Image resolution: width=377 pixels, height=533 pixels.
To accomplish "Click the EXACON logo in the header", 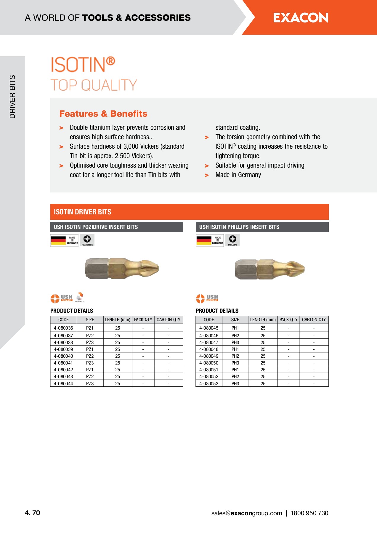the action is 301,18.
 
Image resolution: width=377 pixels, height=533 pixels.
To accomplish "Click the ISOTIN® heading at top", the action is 83,65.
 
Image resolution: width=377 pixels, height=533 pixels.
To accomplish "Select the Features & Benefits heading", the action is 103,114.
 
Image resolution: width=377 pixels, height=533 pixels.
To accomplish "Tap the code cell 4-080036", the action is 63,328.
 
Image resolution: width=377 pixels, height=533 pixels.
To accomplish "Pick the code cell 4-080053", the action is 209,384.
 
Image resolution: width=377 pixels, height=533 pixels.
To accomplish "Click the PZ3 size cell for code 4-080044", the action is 90,384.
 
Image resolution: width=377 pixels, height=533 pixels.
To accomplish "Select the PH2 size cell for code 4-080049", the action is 235,356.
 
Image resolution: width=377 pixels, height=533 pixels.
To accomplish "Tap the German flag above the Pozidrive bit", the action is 58,240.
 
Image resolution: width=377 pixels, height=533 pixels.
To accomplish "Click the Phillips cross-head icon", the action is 232,239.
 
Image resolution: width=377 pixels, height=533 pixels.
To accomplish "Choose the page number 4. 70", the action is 32,513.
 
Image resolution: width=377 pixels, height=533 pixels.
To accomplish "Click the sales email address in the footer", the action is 246,513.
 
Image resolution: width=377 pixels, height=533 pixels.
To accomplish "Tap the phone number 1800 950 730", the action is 309,513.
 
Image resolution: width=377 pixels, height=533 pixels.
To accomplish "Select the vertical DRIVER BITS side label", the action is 12,97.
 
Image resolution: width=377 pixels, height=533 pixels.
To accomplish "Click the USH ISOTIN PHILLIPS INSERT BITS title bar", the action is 262,227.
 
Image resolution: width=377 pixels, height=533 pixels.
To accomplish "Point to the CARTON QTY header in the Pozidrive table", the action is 168,320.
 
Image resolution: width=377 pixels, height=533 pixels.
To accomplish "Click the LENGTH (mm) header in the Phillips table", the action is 263,320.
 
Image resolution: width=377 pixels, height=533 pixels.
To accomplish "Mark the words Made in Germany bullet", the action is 238,175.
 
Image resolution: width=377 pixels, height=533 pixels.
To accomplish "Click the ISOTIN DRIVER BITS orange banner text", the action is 82,212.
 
